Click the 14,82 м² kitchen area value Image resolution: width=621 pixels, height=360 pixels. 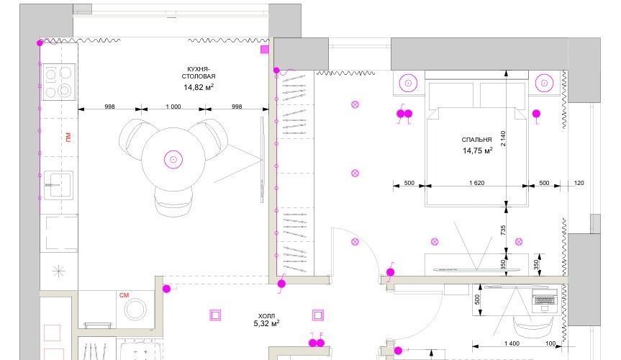click(199, 87)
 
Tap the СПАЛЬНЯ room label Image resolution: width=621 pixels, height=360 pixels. click(476, 140)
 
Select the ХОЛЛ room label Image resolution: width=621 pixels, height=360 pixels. click(266, 316)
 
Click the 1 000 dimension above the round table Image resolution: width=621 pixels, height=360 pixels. click(173, 107)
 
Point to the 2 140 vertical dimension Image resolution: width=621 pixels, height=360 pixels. click(503, 138)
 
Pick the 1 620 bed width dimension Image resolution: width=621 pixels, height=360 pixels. click(476, 183)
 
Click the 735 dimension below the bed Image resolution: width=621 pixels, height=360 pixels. click(503, 230)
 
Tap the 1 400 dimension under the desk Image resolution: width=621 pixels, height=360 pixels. click(512, 343)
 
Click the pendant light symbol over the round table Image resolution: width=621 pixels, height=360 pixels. click(173, 159)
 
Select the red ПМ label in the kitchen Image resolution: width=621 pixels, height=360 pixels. click(68, 138)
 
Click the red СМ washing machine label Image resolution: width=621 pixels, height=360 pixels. click(124, 295)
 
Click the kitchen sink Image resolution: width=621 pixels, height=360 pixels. click(58, 185)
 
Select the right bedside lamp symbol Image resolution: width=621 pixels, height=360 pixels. click(544, 84)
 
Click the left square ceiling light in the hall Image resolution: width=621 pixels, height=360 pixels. click(215, 315)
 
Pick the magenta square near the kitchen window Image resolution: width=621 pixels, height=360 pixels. click(265, 49)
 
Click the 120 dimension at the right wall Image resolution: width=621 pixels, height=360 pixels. click(579, 183)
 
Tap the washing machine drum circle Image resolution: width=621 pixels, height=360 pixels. click(135, 309)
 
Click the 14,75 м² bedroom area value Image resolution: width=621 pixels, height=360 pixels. click(477, 150)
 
